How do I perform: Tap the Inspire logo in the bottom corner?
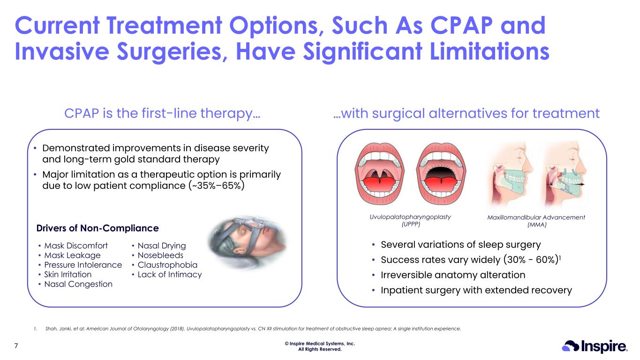[x=595, y=346]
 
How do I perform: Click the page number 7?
[x=16, y=346]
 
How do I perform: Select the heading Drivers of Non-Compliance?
[x=98, y=228]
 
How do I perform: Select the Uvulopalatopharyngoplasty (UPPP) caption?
[x=410, y=220]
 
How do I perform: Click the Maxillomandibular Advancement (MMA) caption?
[x=536, y=221]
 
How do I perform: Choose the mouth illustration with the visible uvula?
[x=379, y=174]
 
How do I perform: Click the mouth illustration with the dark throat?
[x=441, y=174]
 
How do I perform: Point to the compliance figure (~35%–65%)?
[x=217, y=186]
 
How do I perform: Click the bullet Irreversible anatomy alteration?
[x=453, y=275]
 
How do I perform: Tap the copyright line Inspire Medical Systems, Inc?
[x=320, y=344]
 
